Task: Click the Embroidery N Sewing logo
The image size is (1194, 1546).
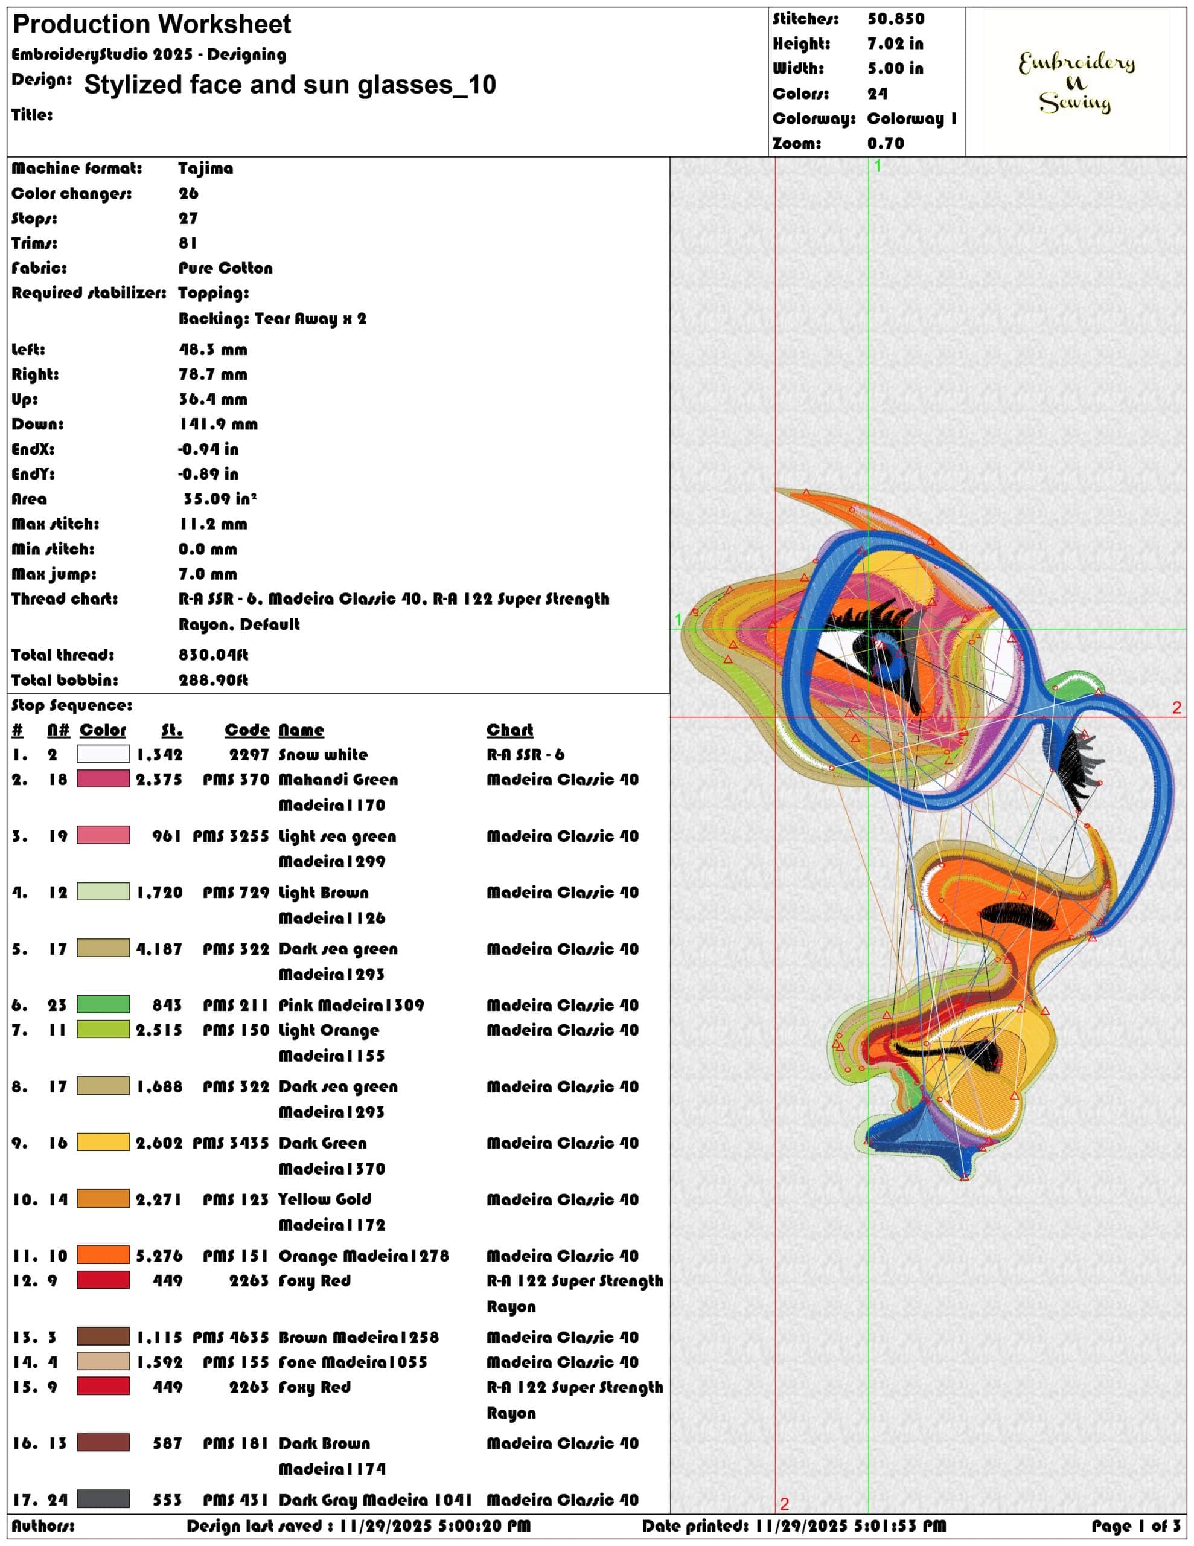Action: coord(1076,82)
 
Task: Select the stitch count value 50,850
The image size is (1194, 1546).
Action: coord(895,19)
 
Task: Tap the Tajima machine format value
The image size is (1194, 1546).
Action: coord(205,168)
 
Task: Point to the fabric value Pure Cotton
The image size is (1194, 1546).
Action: coord(225,268)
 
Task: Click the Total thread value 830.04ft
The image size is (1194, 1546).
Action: coord(213,655)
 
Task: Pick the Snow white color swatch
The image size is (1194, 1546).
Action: coord(103,753)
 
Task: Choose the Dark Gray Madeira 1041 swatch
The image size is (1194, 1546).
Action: coord(103,1498)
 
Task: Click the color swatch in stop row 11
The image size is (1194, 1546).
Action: coord(103,1254)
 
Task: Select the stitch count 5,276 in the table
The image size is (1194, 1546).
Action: coord(159,1256)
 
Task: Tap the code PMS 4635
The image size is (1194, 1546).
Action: coord(231,1337)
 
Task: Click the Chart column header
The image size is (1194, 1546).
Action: coord(509,730)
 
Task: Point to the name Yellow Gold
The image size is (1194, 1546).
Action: coord(325,1199)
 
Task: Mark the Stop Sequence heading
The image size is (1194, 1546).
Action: coord(71,705)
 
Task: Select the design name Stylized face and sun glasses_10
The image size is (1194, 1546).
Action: coord(290,85)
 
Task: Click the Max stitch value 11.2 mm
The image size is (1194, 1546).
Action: coord(212,524)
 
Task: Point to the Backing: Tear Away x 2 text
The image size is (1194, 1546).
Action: coord(272,318)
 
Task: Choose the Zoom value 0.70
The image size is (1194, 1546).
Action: coord(886,143)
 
